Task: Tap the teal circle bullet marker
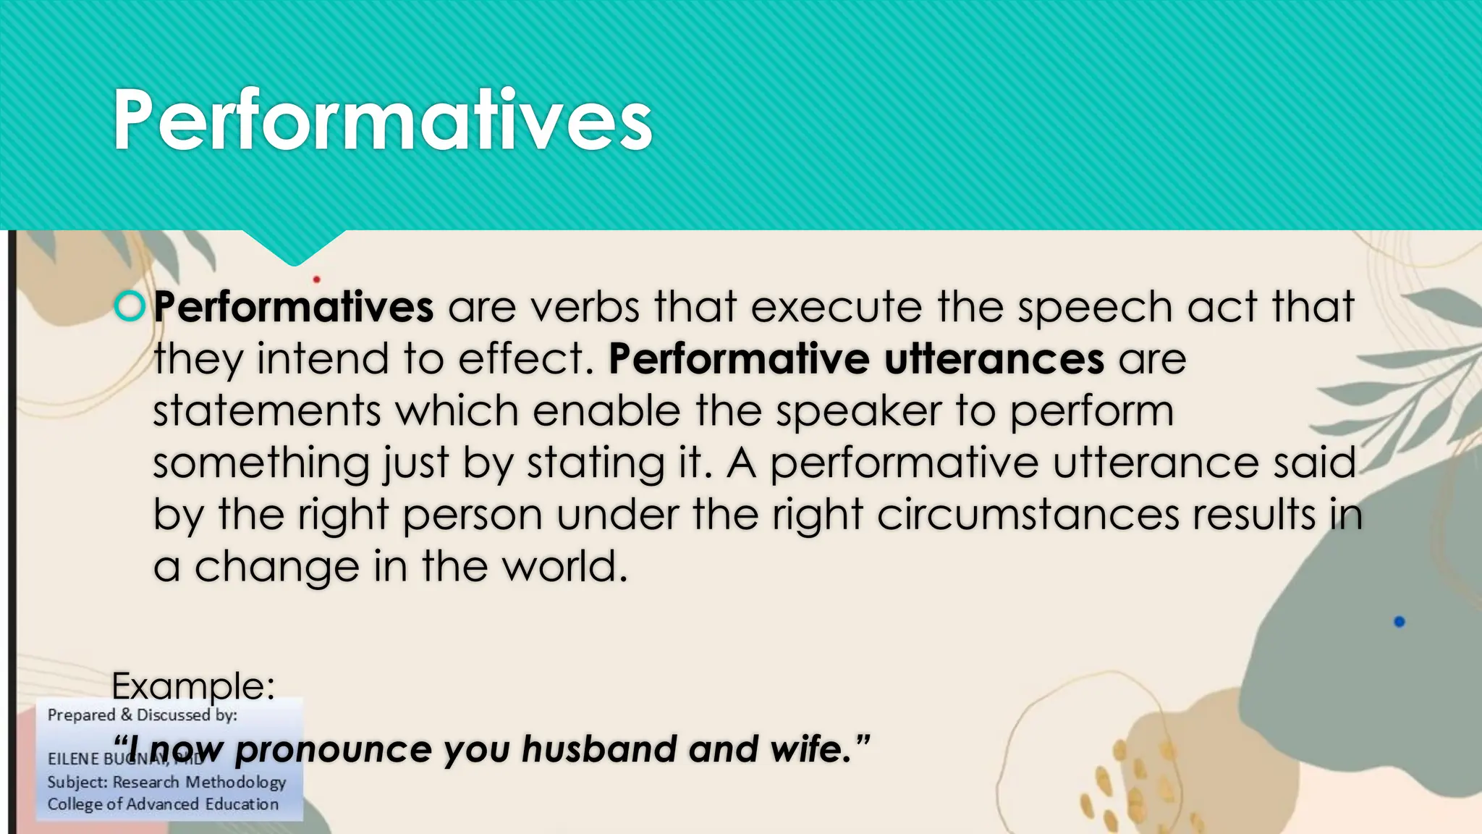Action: (130, 306)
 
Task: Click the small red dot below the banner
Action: (316, 279)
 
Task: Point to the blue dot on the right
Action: (1399, 622)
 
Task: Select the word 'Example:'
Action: (193, 685)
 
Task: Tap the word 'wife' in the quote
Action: (810, 749)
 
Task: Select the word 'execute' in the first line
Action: (836, 307)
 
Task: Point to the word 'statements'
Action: (266, 410)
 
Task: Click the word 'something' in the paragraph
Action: (261, 464)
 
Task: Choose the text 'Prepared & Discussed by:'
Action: (143, 715)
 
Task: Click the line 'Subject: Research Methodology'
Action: (166, 782)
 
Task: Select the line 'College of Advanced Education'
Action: (163, 804)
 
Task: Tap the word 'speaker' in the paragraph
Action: (858, 411)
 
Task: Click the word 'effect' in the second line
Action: (520, 359)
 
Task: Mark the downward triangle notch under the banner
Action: (294, 246)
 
